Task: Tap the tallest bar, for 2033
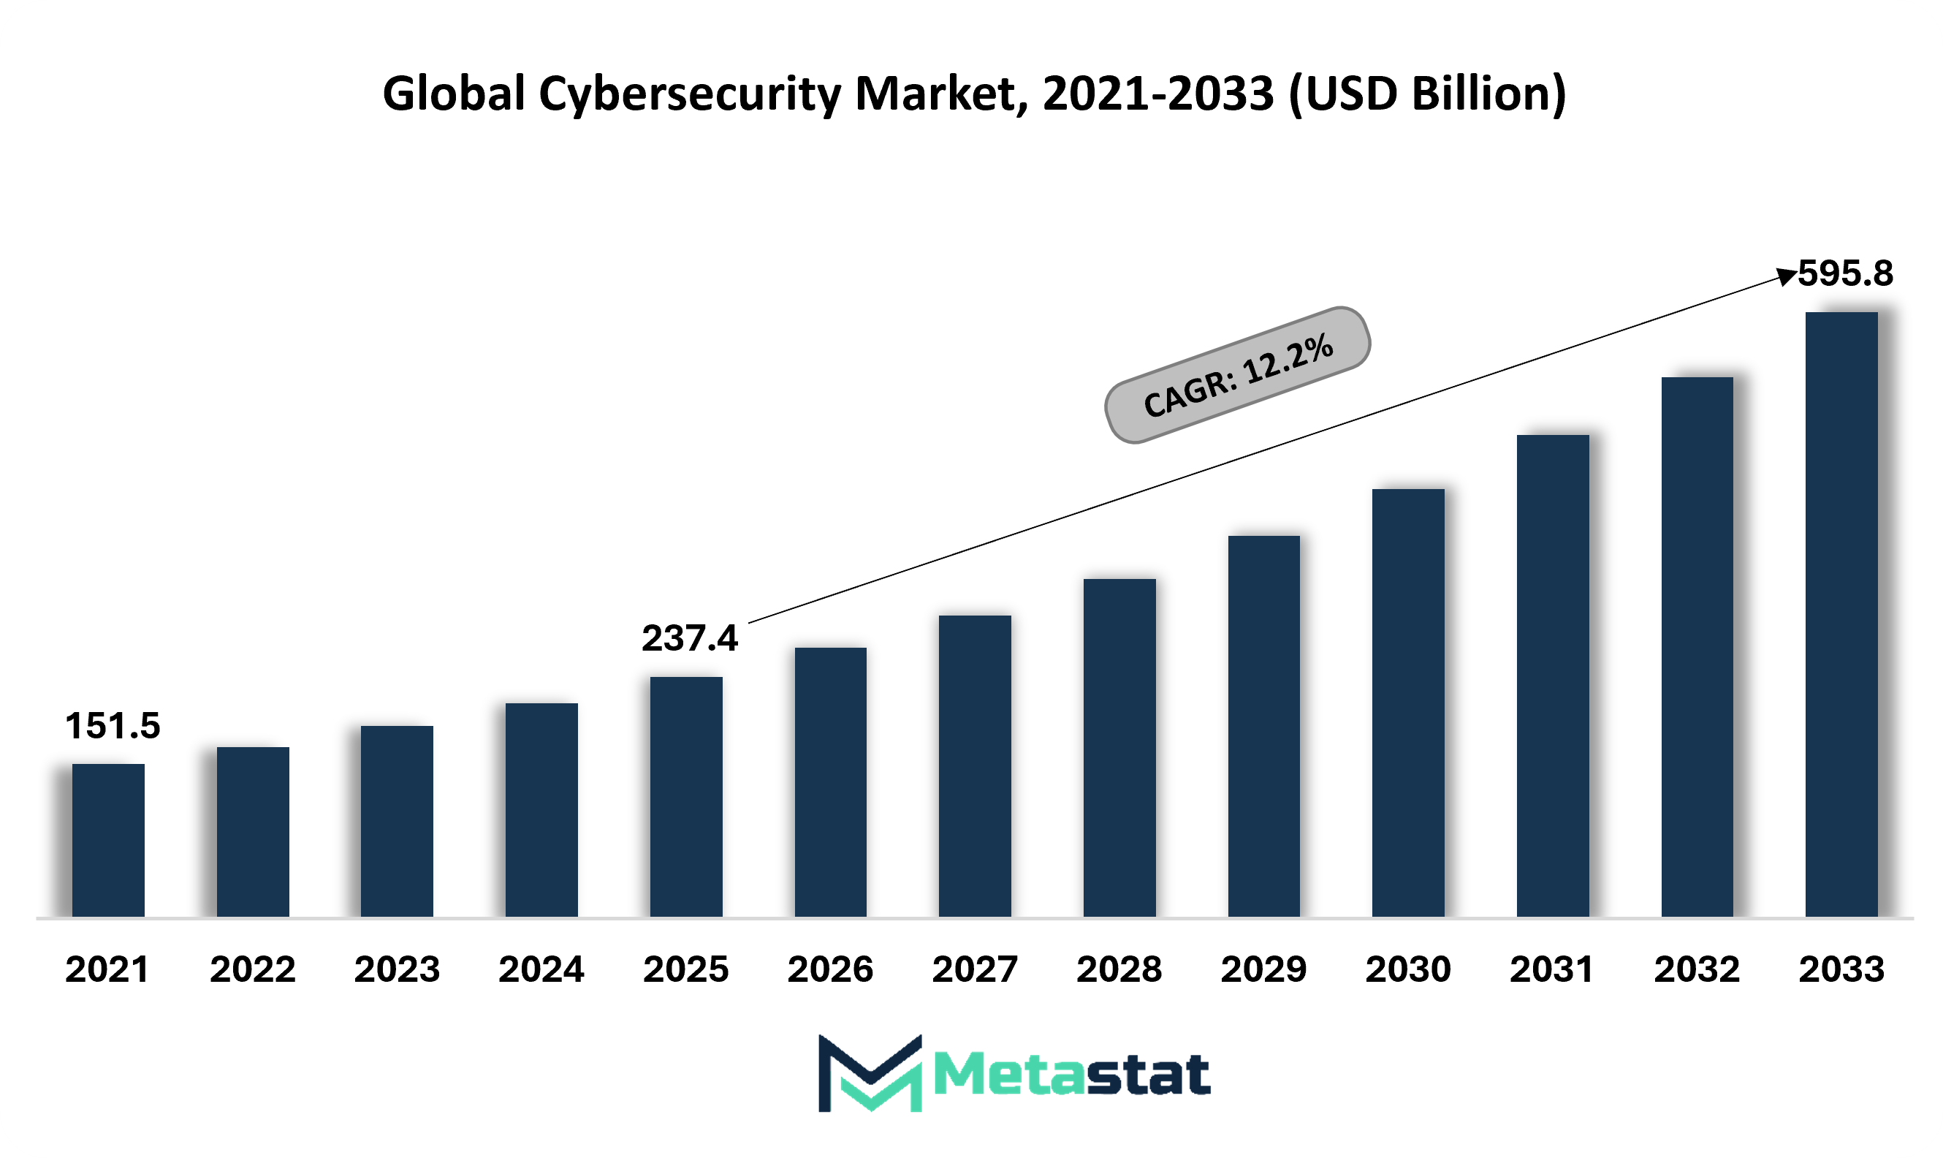tap(1841, 614)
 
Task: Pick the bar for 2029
tap(1263, 726)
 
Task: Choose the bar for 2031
tap(1553, 675)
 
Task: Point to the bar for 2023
tap(397, 821)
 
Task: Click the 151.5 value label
tap(113, 726)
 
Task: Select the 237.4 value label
tap(690, 638)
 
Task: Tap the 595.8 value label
tap(1846, 274)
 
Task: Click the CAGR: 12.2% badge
tap(1238, 375)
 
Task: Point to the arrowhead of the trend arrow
tap(1786, 276)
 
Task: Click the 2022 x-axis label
tap(253, 969)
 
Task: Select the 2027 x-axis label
tap(975, 969)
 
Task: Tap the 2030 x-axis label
tap(1408, 969)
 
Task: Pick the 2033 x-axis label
tap(1841, 969)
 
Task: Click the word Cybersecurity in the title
tap(689, 94)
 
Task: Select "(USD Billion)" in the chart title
tap(1427, 94)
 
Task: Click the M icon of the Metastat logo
tap(870, 1073)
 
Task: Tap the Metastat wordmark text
tap(1071, 1075)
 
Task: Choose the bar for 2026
tap(831, 782)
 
